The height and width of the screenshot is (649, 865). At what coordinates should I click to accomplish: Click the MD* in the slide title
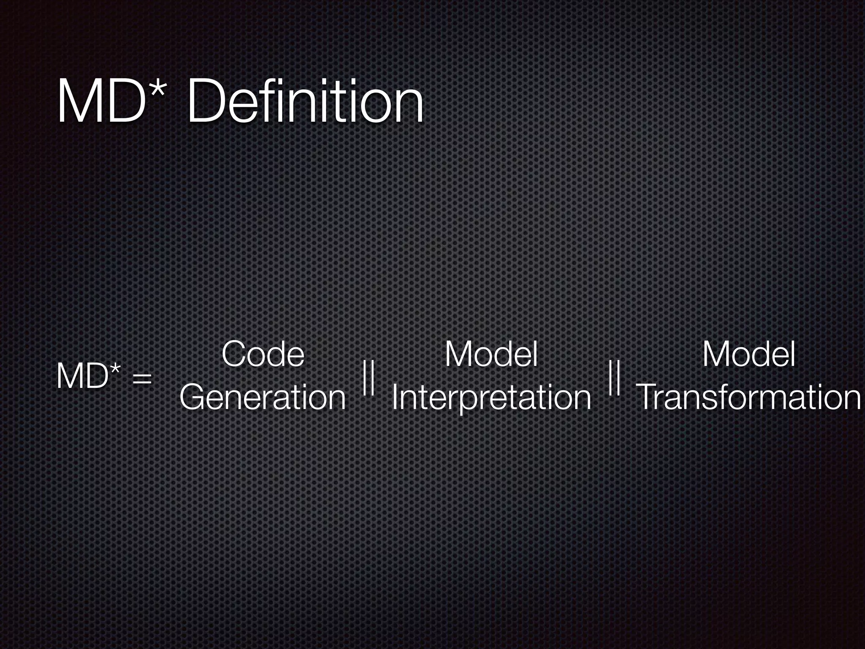coord(111,103)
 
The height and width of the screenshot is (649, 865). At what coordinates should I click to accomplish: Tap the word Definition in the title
coord(305,103)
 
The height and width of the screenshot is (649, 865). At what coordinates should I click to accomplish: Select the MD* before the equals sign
coord(88,376)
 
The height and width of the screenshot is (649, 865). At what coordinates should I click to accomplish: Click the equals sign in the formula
coord(142,379)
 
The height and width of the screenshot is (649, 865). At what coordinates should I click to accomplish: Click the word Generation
coord(263,398)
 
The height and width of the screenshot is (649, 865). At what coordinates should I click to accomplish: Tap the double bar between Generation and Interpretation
coord(369,377)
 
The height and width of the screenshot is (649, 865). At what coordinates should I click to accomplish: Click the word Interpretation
coord(491,398)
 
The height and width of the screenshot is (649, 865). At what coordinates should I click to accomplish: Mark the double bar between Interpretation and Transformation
coord(614,377)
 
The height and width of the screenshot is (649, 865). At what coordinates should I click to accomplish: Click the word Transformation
coord(748,398)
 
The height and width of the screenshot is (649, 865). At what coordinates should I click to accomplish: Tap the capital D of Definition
coord(207,103)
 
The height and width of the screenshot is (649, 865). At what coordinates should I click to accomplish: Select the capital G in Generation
coord(194,398)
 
